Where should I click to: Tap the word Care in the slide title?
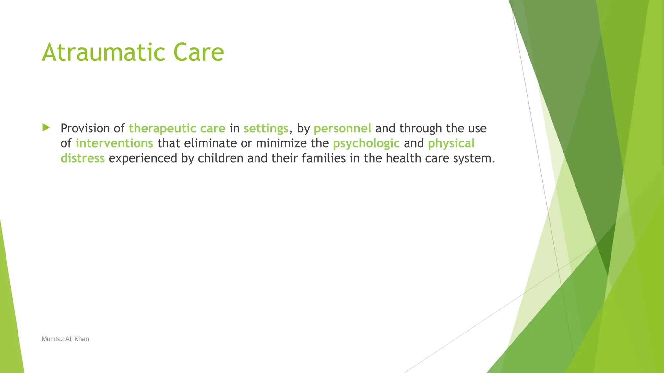(x=198, y=52)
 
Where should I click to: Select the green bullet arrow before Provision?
(x=46, y=128)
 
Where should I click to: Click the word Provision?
(x=85, y=129)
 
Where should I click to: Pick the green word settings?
(x=266, y=129)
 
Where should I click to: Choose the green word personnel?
(x=342, y=129)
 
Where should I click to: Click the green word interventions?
(x=114, y=143)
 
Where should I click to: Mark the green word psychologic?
(x=366, y=143)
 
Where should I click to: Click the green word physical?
(x=451, y=143)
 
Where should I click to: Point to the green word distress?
(x=83, y=158)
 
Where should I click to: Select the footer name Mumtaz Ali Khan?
(x=65, y=339)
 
